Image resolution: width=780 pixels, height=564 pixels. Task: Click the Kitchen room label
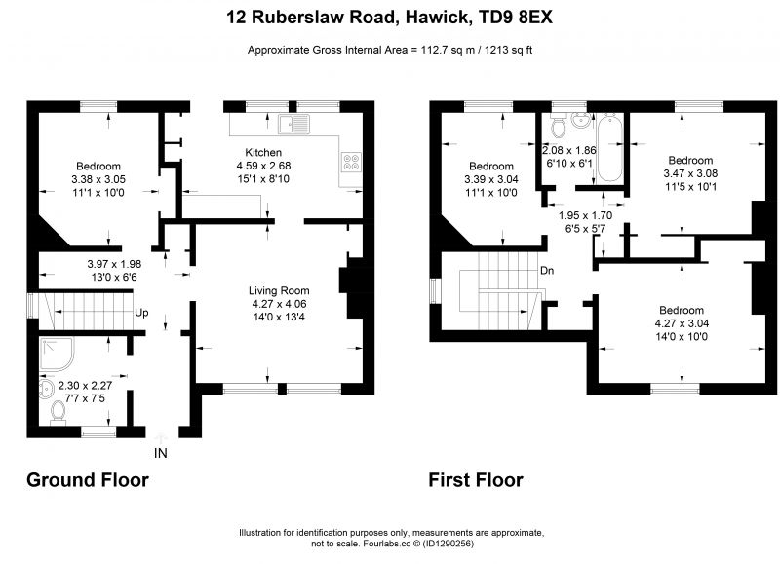263,153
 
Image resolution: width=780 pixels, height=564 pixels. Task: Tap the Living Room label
279,290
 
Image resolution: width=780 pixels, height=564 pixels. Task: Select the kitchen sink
293,124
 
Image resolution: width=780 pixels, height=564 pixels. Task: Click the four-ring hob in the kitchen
351,162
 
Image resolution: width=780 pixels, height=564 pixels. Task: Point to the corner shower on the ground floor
57,355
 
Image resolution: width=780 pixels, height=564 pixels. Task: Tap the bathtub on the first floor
609,148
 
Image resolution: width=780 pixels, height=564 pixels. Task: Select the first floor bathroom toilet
558,125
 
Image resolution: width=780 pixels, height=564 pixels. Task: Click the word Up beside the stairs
141,313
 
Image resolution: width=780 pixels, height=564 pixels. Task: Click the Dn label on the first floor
547,271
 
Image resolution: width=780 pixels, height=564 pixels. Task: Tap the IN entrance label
160,453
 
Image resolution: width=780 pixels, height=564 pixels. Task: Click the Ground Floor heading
88,480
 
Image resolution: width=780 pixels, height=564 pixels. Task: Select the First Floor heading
476,480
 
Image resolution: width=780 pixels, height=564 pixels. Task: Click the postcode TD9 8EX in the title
515,18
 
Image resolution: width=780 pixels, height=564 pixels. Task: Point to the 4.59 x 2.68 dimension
263,166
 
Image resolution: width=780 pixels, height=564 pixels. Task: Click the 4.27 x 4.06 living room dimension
279,304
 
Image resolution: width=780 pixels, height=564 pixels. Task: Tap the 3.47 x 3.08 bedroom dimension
690,173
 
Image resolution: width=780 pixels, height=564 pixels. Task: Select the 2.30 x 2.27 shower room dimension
85,385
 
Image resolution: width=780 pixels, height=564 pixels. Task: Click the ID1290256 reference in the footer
448,544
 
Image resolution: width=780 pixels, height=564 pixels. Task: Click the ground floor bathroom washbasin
46,389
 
